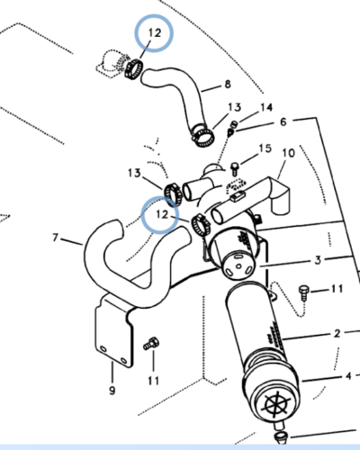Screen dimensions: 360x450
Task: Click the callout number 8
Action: point(228,85)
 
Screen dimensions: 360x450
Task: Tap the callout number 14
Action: point(266,107)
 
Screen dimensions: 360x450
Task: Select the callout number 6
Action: point(283,121)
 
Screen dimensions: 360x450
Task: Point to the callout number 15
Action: point(265,148)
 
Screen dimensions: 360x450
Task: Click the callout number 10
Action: point(288,153)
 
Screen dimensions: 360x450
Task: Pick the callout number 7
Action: point(55,238)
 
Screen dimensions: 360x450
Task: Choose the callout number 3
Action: point(318,260)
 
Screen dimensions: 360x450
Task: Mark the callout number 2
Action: point(337,333)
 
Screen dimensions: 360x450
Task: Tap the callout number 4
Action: point(348,376)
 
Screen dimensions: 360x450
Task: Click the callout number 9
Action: point(112,391)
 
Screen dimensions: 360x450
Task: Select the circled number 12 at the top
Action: point(155,32)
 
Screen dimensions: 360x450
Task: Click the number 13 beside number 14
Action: point(234,107)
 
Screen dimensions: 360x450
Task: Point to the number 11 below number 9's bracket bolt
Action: point(153,381)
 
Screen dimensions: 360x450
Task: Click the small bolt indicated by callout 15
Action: point(235,169)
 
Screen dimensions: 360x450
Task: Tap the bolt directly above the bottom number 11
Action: point(151,344)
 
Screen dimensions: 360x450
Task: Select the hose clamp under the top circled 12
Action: point(133,69)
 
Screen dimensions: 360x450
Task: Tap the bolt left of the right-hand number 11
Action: point(303,293)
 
